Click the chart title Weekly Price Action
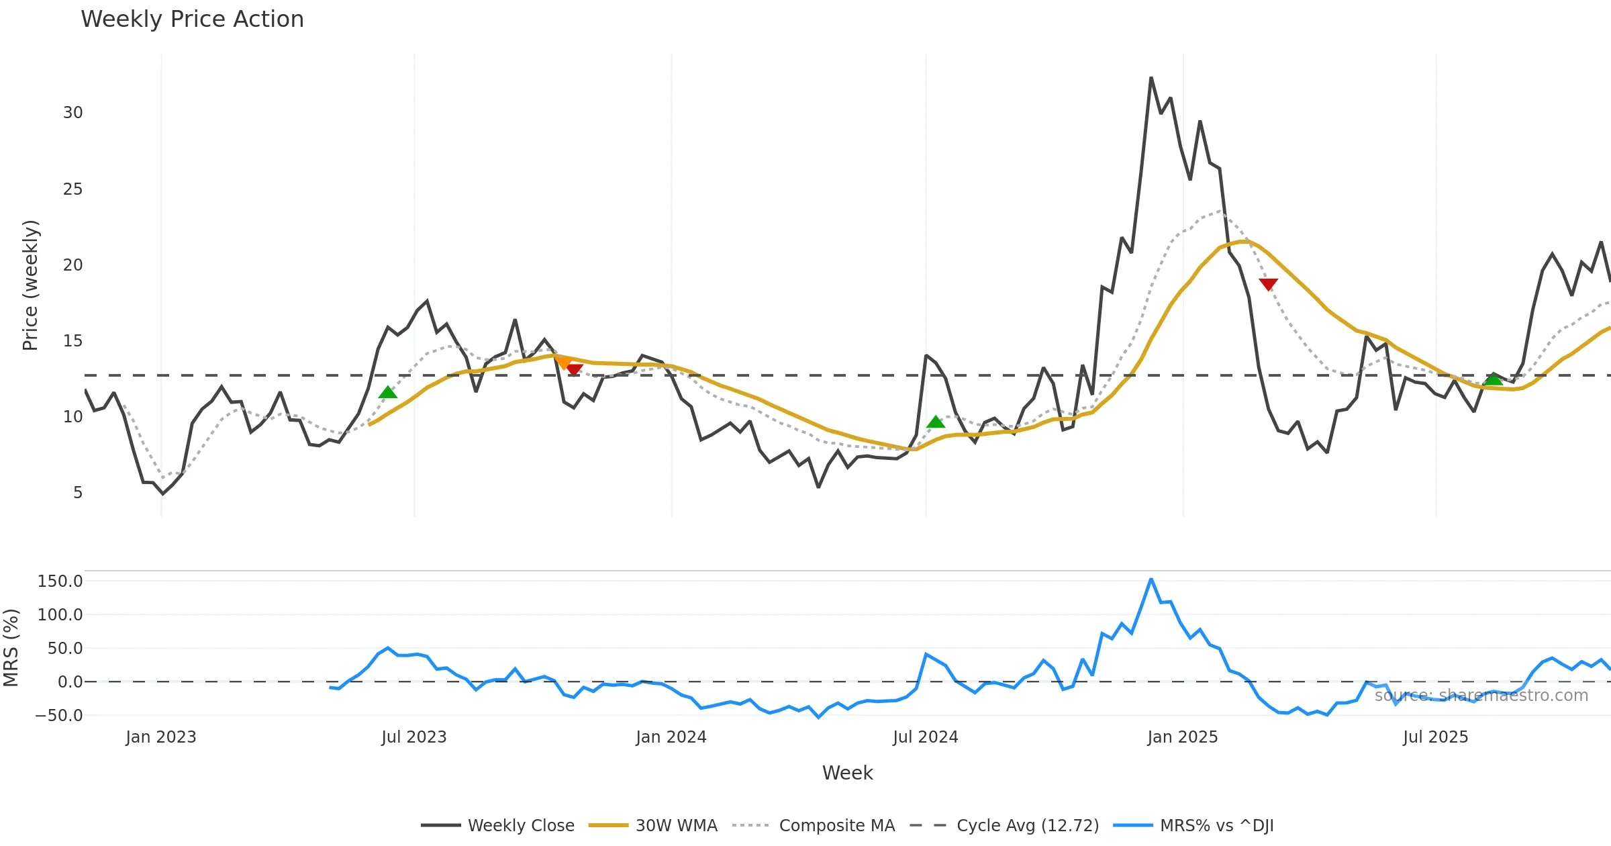[x=192, y=19]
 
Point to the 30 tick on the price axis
[x=73, y=113]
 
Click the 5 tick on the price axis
[x=78, y=493]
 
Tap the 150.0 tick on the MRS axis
[x=60, y=581]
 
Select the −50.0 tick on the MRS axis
[x=59, y=716]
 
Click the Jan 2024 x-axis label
[x=671, y=737]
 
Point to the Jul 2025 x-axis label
[x=1436, y=737]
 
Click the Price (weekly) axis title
[x=30, y=285]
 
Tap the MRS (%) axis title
[x=11, y=648]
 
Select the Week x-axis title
[x=847, y=773]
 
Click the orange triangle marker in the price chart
[x=563, y=363]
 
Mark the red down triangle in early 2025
[x=1268, y=284]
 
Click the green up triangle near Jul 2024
[x=936, y=422]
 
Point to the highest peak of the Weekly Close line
[x=1151, y=79]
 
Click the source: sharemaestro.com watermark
[x=1481, y=696]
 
